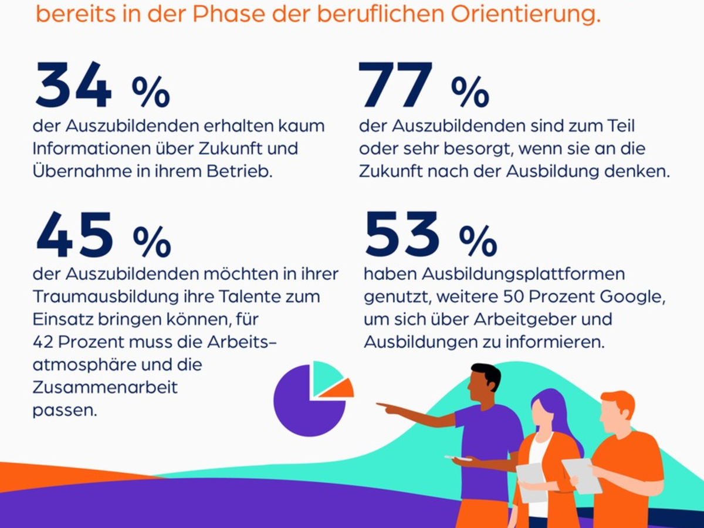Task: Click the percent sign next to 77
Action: coord(470,92)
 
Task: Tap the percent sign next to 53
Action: coord(478,242)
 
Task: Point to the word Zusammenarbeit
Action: coord(105,387)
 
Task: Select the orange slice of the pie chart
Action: coord(339,388)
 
